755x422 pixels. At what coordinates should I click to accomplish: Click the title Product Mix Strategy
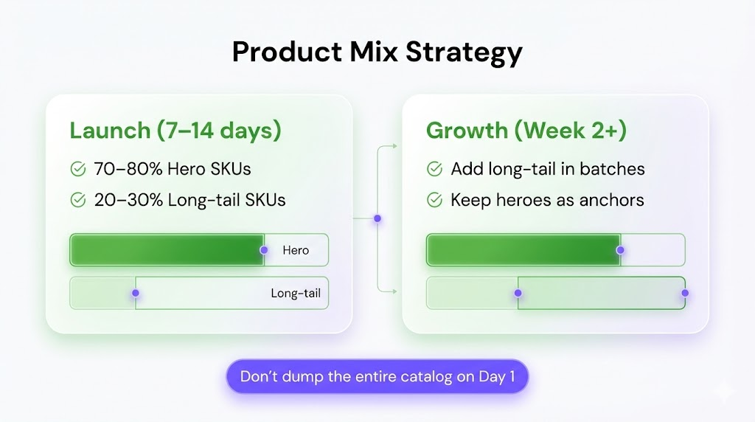377,52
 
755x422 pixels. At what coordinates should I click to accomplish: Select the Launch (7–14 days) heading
175,131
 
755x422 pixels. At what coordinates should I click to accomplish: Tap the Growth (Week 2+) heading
526,131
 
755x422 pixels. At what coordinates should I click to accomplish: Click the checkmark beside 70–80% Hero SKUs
78,169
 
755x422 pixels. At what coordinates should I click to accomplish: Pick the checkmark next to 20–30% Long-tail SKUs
78,200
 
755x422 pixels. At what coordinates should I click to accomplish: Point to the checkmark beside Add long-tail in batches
434,169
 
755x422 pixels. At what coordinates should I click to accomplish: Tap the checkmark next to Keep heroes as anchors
434,200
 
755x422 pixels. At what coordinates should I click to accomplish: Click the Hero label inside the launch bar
296,250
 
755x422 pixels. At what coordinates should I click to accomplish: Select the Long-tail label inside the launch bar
296,293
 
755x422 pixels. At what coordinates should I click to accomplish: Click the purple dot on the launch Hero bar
264,250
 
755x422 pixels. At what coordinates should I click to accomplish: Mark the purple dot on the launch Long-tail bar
136,293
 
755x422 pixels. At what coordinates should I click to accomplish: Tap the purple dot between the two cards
377,218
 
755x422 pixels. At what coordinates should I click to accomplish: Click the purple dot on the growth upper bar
620,250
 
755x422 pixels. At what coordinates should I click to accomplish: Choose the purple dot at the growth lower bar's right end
685,293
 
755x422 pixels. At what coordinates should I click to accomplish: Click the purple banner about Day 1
377,376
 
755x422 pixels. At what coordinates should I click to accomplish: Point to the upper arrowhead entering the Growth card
394,146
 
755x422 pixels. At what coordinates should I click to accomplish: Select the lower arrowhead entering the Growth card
394,291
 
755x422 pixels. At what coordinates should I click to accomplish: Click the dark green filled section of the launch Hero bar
167,250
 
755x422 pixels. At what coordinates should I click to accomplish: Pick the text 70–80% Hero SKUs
173,169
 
